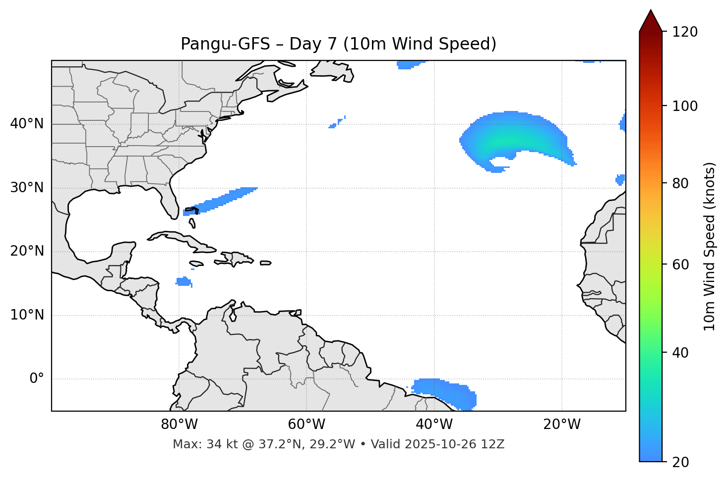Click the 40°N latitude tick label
point(27,124)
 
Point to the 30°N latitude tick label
point(27,188)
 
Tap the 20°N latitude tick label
point(27,251)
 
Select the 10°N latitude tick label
point(27,315)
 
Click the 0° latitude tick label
point(37,379)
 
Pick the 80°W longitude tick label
point(179,425)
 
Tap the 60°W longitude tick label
point(306,425)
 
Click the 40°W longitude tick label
point(434,425)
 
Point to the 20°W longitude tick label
point(561,425)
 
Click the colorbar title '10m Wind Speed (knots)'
point(710,247)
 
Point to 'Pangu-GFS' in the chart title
point(226,44)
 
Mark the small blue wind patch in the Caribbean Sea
point(183,282)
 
